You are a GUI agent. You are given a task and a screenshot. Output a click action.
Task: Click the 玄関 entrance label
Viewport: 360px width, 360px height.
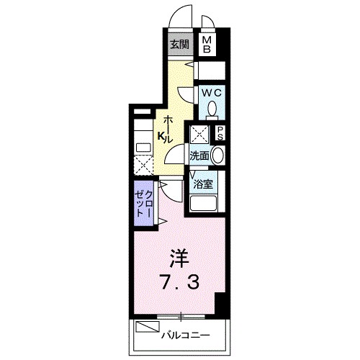click(x=179, y=43)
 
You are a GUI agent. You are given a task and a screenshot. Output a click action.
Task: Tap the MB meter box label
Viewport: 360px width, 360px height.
click(x=207, y=45)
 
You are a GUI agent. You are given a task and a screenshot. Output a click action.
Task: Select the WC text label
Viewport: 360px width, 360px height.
click(x=211, y=93)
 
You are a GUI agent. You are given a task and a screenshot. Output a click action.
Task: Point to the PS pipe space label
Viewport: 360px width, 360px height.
click(x=220, y=134)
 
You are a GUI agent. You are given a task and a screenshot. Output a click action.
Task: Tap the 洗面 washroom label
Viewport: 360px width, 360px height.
click(x=199, y=155)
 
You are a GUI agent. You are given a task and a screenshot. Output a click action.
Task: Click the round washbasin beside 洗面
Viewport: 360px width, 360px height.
click(x=218, y=155)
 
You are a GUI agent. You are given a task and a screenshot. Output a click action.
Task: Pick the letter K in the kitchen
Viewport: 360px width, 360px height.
click(x=162, y=135)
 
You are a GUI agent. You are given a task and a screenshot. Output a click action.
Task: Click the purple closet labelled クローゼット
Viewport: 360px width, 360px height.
click(x=142, y=205)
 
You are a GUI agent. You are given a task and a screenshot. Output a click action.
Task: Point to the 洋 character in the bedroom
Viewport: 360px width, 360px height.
click(x=179, y=257)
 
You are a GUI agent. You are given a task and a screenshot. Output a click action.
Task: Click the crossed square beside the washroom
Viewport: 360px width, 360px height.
click(x=197, y=134)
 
